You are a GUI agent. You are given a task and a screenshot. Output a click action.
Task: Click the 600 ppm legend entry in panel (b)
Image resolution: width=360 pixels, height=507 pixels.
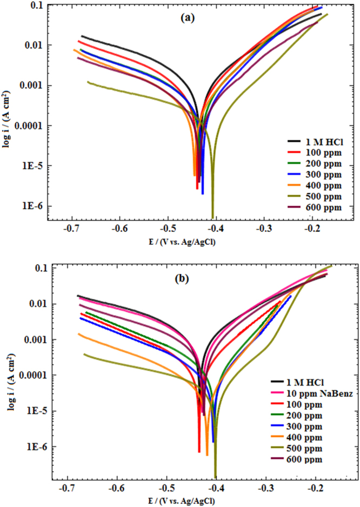[306, 459]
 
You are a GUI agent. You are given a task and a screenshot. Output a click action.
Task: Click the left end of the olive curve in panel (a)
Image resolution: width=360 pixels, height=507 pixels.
[88, 82]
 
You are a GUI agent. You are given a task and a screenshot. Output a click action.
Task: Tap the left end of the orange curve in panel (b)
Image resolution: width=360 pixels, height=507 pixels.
[79, 334]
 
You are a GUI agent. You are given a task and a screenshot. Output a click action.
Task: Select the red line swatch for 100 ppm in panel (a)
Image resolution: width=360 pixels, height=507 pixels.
[295, 152]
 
